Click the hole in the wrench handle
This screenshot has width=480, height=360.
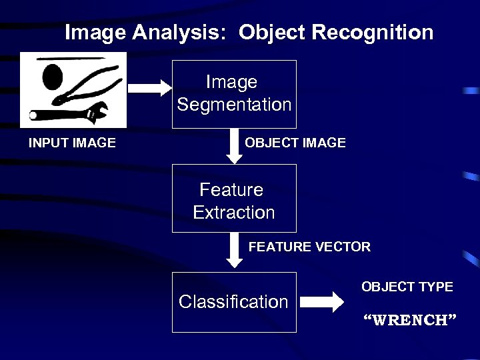33,116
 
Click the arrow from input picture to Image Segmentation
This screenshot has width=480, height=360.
149,87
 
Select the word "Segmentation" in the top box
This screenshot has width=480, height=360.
234,105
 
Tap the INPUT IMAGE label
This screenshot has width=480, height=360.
72,143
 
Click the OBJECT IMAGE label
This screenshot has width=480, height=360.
295,143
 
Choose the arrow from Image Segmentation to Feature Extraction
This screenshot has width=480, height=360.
235,146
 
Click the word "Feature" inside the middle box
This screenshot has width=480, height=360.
231,190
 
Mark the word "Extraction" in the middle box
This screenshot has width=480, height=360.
234,213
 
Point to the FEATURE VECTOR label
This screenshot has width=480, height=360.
309,247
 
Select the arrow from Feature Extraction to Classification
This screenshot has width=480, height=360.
235,250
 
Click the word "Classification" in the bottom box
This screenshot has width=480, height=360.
233,302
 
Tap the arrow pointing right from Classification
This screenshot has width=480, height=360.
326,302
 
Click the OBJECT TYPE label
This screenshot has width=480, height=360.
407,287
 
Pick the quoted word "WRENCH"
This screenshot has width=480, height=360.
409,319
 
